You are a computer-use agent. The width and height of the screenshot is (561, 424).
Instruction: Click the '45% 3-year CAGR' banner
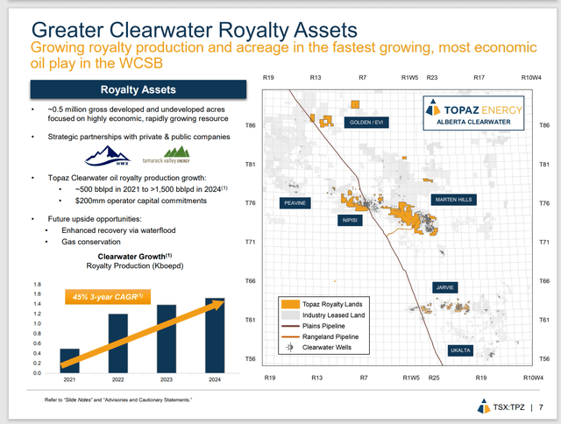pos(104,298)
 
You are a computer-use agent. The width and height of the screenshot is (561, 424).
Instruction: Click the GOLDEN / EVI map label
pos(367,123)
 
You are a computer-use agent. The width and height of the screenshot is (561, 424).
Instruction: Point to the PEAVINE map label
pos(295,202)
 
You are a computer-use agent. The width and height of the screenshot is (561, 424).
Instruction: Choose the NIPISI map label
pos(350,221)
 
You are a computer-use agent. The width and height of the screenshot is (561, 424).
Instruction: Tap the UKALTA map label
pos(460,350)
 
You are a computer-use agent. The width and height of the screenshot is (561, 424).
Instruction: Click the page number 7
pos(542,406)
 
